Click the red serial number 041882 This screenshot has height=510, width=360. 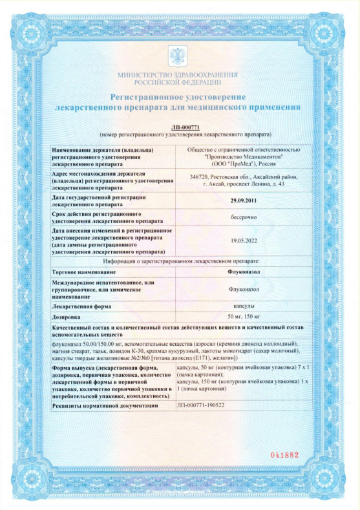282,454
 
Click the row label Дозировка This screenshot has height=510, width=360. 67,317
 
